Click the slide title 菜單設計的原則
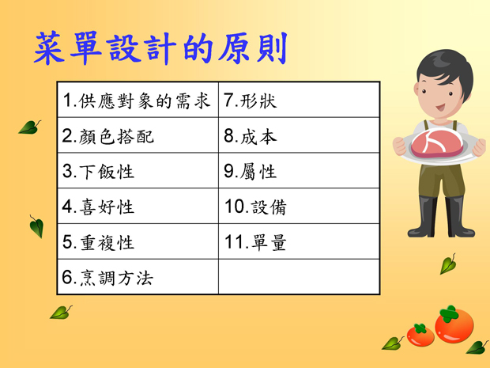tap(160, 48)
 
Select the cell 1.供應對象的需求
tap(138, 100)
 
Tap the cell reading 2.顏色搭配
tap(138, 135)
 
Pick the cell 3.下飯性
tap(138, 170)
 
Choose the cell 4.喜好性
tap(138, 206)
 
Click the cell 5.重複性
tap(138, 241)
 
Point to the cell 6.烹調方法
tap(138, 277)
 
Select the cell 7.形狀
tap(299, 100)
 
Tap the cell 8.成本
tap(299, 135)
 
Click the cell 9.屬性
tap(299, 170)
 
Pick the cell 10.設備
tap(299, 206)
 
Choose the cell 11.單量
tap(299, 241)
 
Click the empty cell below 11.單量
tap(299, 277)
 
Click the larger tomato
tap(454, 324)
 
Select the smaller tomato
tap(420, 335)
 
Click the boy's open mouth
tap(440, 108)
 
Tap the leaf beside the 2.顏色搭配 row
tap(29, 127)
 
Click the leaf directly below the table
tap(61, 313)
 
